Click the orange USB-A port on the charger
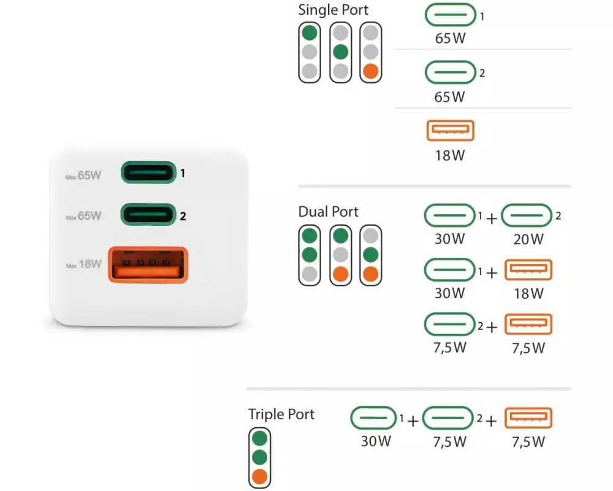pyautogui.click(x=147, y=265)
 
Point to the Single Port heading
pyautogui.click(x=333, y=10)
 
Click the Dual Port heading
pyautogui.click(x=329, y=212)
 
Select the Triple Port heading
pyautogui.click(x=281, y=414)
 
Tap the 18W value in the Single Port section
pyautogui.click(x=450, y=155)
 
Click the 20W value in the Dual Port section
pyautogui.click(x=528, y=239)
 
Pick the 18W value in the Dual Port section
pyautogui.click(x=528, y=293)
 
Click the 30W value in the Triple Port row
pyautogui.click(x=376, y=441)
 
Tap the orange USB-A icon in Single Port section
pyautogui.click(x=450, y=131)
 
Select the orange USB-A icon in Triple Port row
pyautogui.click(x=528, y=419)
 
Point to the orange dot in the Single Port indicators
pyautogui.click(x=370, y=71)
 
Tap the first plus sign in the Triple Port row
pyautogui.click(x=413, y=421)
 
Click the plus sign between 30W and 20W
pyautogui.click(x=492, y=218)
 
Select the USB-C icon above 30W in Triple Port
pyautogui.click(x=374, y=419)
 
